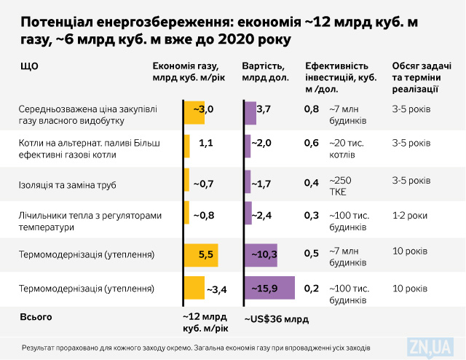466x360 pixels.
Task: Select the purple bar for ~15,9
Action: tap(269, 289)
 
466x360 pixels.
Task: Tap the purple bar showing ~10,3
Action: tap(261, 254)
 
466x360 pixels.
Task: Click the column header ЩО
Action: tap(29, 66)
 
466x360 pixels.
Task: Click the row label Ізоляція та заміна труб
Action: tap(66, 183)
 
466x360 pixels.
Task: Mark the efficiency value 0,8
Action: tap(311, 109)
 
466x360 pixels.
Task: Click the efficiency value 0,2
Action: tap(311, 289)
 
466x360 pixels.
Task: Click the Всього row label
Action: tap(36, 318)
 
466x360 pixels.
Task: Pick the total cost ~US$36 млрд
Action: tap(277, 319)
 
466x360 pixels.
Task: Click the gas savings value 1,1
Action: tap(205, 143)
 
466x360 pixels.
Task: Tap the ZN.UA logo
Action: tap(433, 347)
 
